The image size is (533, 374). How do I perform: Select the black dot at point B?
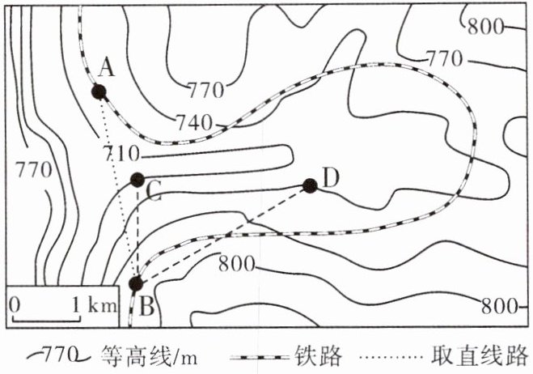coord(136,283)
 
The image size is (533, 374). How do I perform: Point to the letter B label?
coord(147,306)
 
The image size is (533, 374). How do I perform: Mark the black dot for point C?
coord(137,179)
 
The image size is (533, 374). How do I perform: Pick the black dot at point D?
coord(309,185)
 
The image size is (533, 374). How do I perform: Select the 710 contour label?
coord(122,152)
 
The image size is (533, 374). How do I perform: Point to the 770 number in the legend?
coord(60,355)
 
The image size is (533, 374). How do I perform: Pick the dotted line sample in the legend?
coord(393,355)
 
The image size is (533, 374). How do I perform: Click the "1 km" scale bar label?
coord(91,306)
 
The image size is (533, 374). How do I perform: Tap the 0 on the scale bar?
coord(15,305)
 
